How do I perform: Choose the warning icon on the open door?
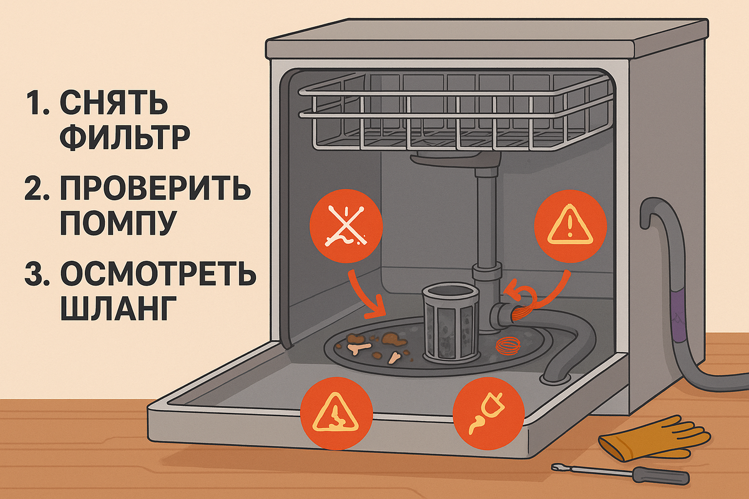click(x=336, y=414)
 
